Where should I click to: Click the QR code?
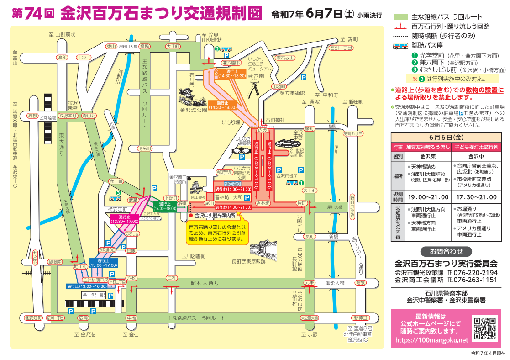484,328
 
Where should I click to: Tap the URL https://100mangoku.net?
431,340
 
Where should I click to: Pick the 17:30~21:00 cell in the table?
477,197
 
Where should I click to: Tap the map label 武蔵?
133,200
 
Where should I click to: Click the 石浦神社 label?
275,120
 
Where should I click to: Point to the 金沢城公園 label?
194,110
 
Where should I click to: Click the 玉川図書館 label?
194,256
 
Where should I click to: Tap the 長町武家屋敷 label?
248,262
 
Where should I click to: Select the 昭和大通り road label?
205,283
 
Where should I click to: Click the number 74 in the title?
35,14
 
